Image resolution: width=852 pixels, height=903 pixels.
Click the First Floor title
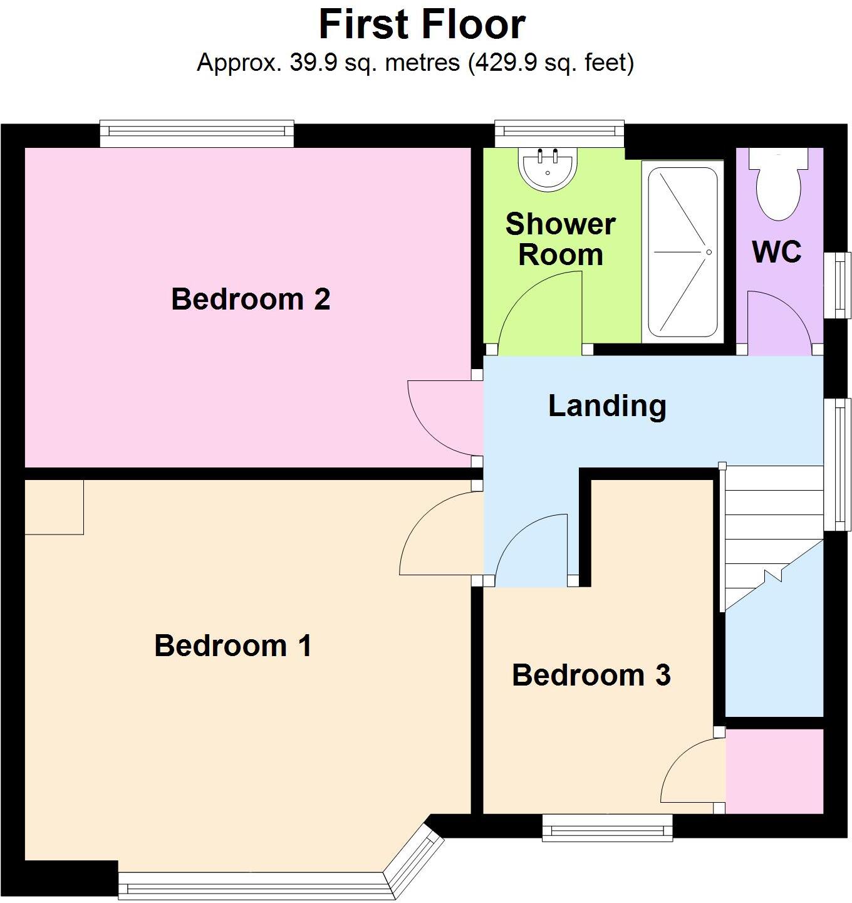point(422,25)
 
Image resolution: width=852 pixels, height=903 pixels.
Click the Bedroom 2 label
point(251,299)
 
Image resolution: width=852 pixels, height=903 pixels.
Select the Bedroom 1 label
point(233,645)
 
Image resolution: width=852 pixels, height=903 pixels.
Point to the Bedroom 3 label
point(591,675)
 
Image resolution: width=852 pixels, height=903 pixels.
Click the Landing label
point(606,405)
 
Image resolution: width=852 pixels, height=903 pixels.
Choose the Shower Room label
point(560,239)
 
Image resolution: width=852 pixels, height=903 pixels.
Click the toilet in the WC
point(779,185)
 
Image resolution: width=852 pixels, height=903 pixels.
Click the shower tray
point(682,252)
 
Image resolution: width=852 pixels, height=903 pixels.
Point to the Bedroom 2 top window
point(197,133)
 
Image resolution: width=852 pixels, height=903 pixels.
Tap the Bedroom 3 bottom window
point(607,827)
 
